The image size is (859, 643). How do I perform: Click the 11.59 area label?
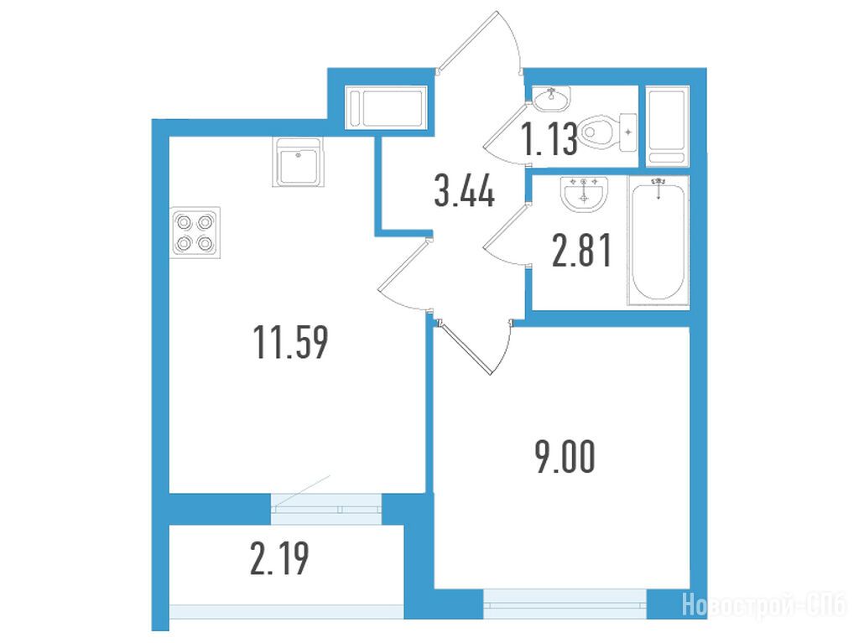[x=291, y=342]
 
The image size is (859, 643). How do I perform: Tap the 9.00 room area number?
[x=565, y=458]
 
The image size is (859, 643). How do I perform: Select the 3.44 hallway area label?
[x=465, y=190]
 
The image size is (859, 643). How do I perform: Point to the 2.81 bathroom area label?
[x=581, y=250]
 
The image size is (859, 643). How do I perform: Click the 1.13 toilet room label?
[x=549, y=139]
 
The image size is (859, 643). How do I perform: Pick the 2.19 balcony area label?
[x=279, y=558]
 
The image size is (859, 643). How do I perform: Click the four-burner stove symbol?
[x=195, y=232]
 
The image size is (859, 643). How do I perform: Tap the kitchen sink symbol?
[x=298, y=162]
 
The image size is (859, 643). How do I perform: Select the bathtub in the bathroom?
[x=658, y=241]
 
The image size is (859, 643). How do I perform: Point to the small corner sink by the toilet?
[x=552, y=99]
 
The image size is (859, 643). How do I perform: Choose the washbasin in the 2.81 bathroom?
[x=584, y=194]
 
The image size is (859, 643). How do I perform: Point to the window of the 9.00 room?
[x=565, y=604]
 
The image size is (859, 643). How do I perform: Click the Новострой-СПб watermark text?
[x=764, y=605]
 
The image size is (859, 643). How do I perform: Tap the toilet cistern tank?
[x=627, y=132]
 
